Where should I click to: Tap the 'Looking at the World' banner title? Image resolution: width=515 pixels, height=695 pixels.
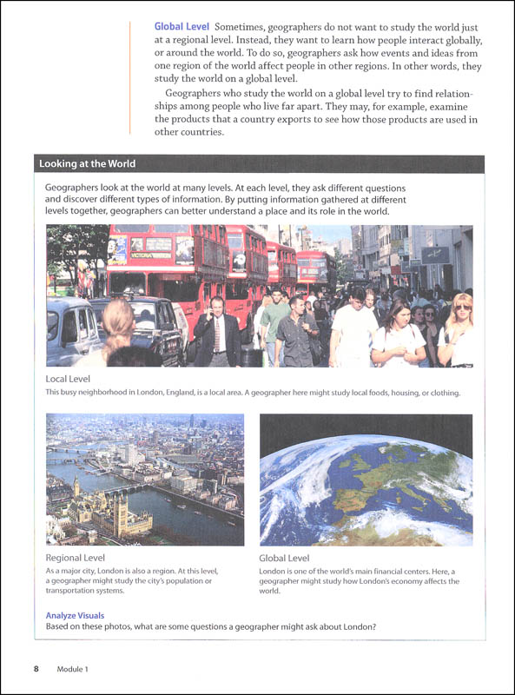pos(87,163)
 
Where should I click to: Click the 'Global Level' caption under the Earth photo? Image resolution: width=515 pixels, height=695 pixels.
pos(285,558)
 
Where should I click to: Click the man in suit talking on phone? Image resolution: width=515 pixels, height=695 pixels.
pos(215,330)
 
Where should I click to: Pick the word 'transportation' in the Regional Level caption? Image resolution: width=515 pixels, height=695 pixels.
pos(76,591)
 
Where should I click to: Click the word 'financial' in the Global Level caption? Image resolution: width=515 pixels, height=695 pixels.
pos(375,570)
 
